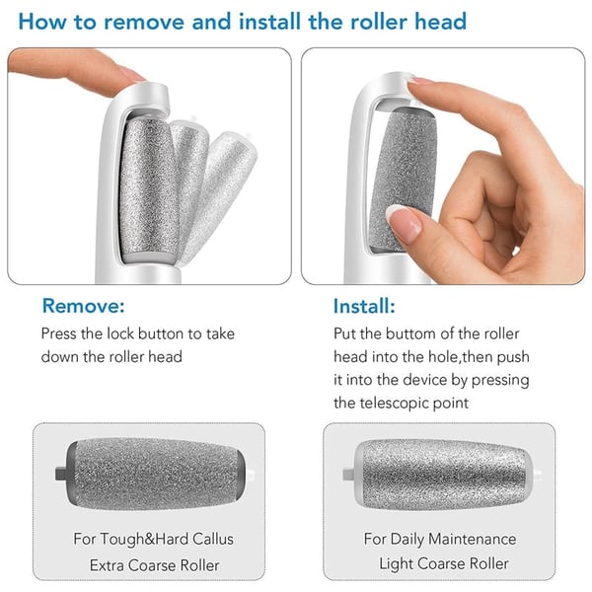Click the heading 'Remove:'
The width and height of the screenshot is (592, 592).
coord(83,307)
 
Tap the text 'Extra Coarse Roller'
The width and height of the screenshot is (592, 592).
coord(148,565)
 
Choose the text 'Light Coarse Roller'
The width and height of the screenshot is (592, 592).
coord(443,563)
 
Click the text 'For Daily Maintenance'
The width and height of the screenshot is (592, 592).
coord(439,539)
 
